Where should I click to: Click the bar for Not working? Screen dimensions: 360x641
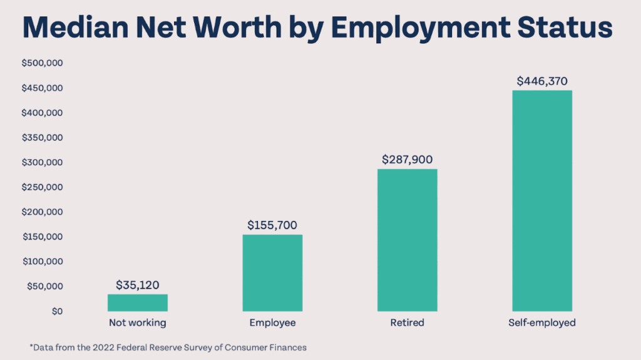click(137, 303)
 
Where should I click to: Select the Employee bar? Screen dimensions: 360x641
click(272, 273)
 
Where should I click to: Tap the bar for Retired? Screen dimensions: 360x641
click(407, 240)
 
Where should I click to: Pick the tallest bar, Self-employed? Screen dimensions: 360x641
click(541, 200)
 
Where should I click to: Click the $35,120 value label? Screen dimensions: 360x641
click(137, 285)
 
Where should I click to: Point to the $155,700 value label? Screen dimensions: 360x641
click(272, 225)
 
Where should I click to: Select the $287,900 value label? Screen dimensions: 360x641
click(407, 160)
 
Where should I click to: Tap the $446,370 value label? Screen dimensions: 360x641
click(541, 81)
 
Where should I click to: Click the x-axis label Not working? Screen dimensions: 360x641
click(137, 323)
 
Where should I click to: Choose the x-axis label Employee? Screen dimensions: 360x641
click(272, 323)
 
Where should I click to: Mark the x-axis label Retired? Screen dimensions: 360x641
click(407, 323)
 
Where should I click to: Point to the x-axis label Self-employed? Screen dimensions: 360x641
click(541, 323)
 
